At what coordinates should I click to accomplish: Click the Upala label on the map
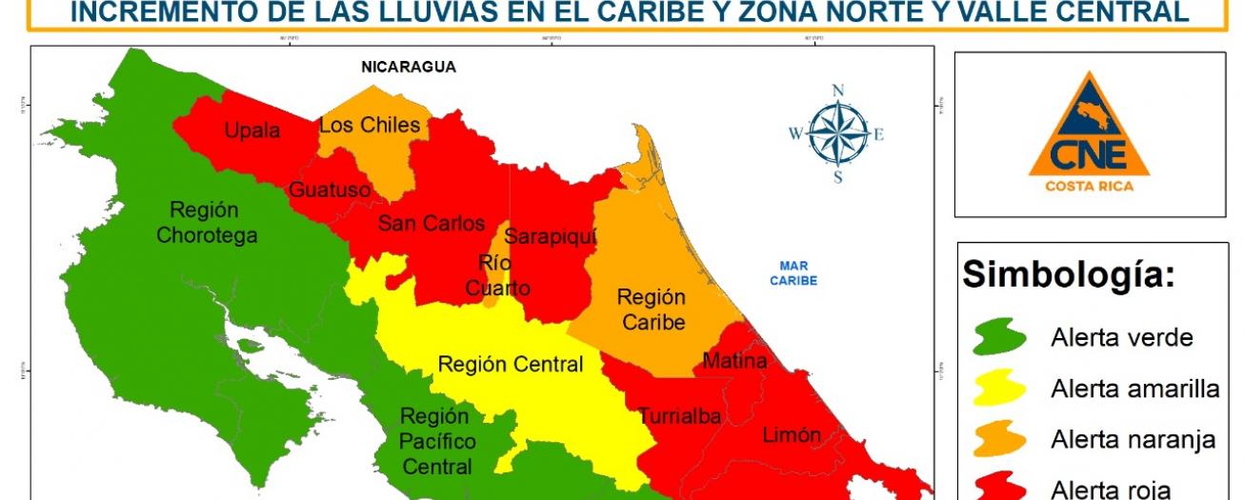(252, 130)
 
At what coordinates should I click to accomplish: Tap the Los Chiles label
(369, 125)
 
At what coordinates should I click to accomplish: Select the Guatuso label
(330, 190)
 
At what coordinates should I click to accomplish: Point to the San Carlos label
(431, 224)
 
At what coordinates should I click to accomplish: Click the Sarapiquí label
(551, 235)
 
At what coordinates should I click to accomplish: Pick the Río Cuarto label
(498, 275)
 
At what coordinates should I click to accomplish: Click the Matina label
(734, 361)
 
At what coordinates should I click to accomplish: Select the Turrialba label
(680, 416)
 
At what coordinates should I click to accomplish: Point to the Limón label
(792, 435)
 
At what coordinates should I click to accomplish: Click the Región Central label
(511, 365)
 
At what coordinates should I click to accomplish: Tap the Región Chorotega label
(206, 222)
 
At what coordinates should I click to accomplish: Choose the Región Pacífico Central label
(434, 442)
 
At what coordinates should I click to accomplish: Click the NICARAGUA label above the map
(408, 67)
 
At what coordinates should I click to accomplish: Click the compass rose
(837, 133)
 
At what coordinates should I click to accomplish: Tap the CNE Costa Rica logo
(1089, 134)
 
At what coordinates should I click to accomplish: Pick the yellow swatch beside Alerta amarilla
(999, 389)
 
